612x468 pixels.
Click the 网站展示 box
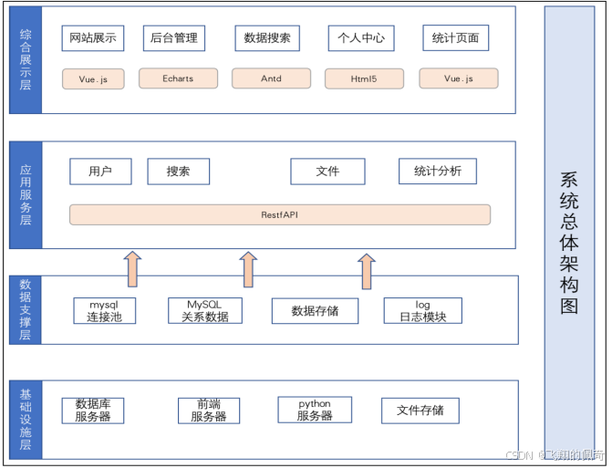click(92, 38)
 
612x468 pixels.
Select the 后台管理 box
click(173, 38)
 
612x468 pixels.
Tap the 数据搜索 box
click(268, 38)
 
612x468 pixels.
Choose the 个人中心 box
click(360, 38)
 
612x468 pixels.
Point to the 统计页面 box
click(456, 38)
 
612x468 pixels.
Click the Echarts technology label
click(178, 79)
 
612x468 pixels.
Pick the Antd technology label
click(271, 79)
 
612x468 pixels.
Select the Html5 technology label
click(364, 79)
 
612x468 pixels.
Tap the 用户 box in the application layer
click(100, 172)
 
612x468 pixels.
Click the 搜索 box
click(179, 172)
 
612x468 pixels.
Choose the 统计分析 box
click(438, 172)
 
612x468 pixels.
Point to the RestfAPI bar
click(280, 214)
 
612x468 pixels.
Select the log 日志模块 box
click(422, 311)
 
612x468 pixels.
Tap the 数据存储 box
click(315, 311)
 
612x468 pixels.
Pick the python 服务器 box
click(315, 411)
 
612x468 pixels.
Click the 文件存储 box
click(420, 411)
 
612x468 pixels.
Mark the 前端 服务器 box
click(209, 411)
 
